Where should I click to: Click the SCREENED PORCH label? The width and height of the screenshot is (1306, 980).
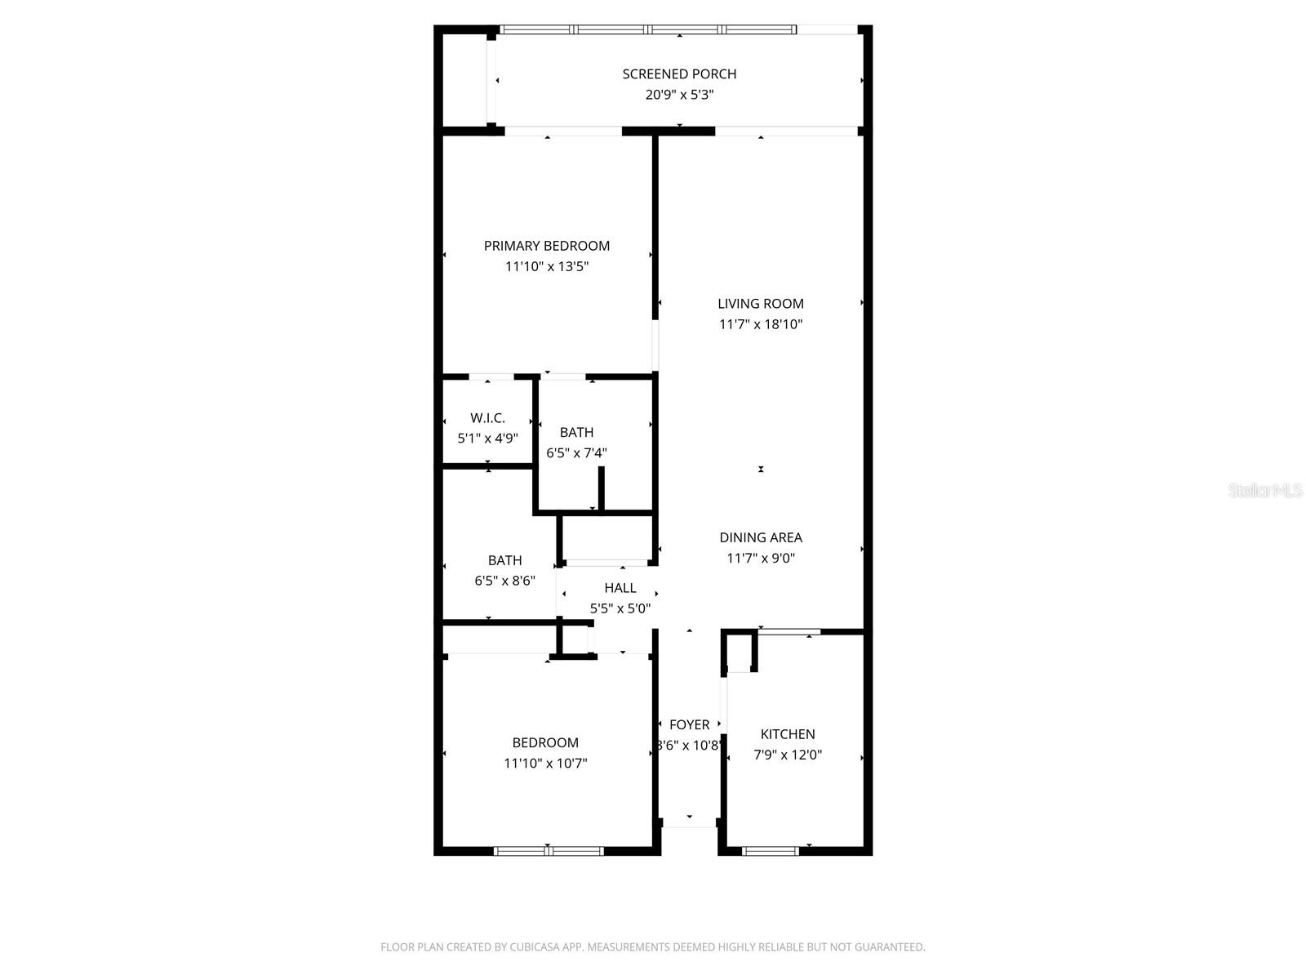(679, 74)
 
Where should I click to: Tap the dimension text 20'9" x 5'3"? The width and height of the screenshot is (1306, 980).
(679, 95)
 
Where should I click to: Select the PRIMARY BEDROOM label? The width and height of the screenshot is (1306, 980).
(547, 246)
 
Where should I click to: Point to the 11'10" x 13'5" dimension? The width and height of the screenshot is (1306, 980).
(547, 266)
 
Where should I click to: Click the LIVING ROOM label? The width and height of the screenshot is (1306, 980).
(761, 304)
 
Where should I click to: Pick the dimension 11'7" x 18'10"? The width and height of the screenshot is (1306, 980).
(761, 324)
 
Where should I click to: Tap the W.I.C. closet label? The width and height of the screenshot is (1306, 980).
(487, 418)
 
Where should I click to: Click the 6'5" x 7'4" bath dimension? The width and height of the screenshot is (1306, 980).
(576, 452)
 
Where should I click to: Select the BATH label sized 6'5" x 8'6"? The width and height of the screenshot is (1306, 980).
(504, 560)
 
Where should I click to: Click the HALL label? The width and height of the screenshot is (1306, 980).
(620, 588)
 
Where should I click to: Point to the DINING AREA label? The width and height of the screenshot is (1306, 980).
(761, 537)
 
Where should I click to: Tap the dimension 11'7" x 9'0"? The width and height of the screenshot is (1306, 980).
(761, 559)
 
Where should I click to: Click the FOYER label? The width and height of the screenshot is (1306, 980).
(689, 724)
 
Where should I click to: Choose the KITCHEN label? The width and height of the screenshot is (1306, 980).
(788, 734)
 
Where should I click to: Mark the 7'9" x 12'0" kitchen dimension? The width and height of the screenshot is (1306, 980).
(788, 755)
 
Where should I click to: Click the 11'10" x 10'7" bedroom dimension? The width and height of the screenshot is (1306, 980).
(545, 764)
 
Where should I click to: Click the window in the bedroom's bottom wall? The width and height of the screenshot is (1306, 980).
(549, 851)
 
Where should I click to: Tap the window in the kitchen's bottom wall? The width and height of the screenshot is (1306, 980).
(771, 851)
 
